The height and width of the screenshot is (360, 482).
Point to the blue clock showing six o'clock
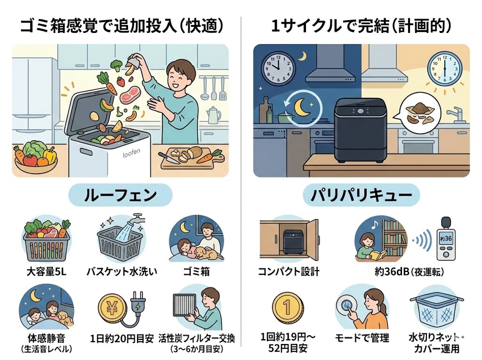[x=444, y=66]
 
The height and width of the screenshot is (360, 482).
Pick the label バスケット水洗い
[x=121, y=272]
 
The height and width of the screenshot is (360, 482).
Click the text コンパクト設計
[x=289, y=272]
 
